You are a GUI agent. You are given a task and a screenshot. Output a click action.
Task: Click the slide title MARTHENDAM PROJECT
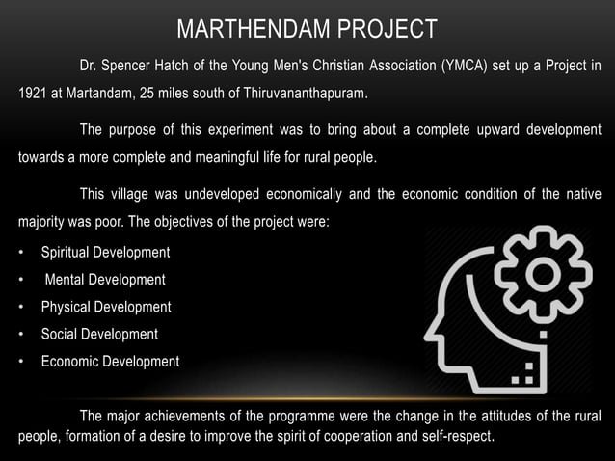point(307,29)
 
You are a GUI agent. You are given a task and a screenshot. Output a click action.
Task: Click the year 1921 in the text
point(32,95)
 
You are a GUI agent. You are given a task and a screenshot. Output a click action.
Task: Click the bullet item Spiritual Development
point(105,252)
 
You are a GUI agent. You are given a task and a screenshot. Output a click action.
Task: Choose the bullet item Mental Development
point(105,279)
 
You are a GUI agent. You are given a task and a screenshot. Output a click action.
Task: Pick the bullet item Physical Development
point(106,307)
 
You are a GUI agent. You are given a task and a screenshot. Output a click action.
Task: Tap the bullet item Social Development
point(99,334)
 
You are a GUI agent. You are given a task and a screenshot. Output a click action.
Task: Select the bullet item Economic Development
point(110,362)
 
